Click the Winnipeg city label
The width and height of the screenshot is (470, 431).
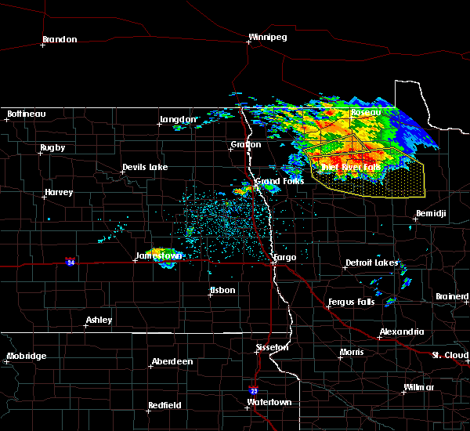268,37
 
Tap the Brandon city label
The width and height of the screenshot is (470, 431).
60,39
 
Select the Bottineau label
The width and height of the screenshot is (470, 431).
26,114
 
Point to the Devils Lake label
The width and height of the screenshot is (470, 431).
144,168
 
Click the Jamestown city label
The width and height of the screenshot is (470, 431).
159,255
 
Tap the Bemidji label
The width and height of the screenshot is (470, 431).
431,213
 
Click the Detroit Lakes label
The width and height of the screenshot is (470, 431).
371,263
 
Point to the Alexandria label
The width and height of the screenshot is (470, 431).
402,332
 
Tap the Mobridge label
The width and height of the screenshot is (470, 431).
27,357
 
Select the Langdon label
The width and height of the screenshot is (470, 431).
178,120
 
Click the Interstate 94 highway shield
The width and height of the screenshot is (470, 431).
70,261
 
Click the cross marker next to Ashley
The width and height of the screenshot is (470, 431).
87,327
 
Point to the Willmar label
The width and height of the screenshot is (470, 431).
418,388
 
